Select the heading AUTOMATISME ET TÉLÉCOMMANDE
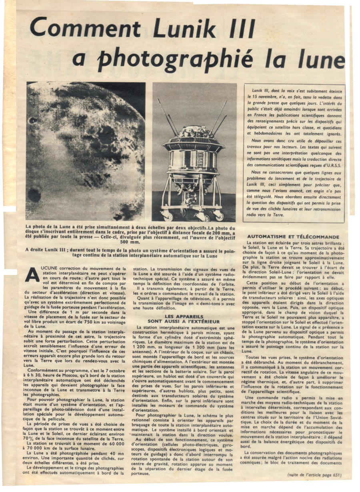(293, 237)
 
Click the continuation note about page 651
(315, 475)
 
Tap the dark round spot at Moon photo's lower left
(34, 195)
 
